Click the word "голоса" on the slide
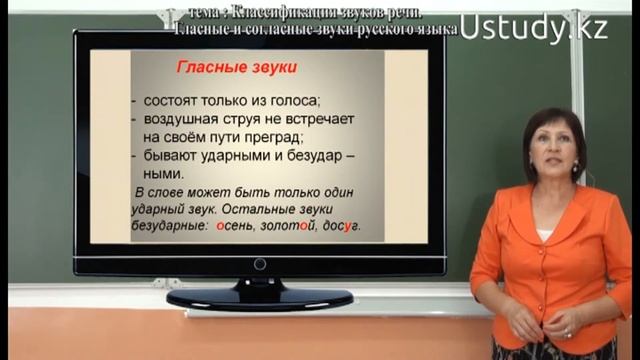294,101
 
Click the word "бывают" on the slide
167,157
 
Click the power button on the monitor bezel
259,265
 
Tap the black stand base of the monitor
259,297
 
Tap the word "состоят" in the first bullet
170,101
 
